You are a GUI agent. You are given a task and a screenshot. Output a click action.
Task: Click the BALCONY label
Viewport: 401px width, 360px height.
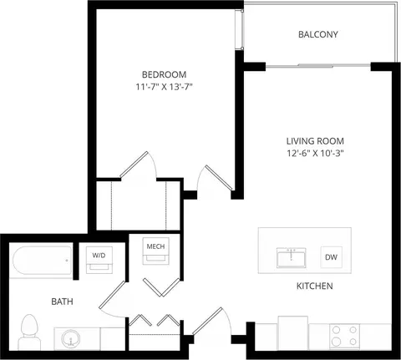click(x=318, y=34)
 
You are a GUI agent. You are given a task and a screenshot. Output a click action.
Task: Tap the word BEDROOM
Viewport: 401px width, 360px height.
click(x=164, y=74)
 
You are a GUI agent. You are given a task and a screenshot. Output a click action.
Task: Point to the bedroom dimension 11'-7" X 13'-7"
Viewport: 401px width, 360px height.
click(x=165, y=87)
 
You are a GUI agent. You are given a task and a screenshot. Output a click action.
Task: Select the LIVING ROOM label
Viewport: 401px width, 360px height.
click(x=315, y=141)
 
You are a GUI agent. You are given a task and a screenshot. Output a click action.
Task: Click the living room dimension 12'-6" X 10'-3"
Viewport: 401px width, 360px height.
click(x=315, y=154)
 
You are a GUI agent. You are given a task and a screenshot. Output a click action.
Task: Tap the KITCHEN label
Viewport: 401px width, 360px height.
click(x=315, y=286)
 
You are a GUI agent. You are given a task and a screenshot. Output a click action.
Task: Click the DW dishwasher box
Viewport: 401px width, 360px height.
click(x=331, y=257)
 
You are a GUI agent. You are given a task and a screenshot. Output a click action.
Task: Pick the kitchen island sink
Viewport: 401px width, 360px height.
click(x=292, y=258)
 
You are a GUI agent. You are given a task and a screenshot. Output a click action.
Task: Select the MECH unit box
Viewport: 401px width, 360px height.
click(x=155, y=251)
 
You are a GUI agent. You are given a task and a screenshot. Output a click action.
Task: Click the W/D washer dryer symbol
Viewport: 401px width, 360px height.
click(x=99, y=260)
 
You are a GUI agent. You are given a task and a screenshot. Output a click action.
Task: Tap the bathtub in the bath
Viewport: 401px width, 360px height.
click(x=43, y=261)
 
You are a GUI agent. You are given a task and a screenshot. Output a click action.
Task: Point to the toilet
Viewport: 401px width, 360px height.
click(x=29, y=332)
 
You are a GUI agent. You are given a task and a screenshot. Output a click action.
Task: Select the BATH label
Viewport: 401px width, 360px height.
click(x=63, y=302)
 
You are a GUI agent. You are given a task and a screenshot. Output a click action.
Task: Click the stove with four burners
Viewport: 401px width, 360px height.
click(x=345, y=336)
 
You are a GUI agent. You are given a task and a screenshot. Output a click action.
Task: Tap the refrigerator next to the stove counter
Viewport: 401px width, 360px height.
click(x=293, y=333)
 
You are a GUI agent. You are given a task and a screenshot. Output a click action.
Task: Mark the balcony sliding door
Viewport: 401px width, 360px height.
click(x=317, y=66)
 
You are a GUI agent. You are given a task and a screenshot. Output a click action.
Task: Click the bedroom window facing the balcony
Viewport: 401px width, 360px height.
click(x=239, y=29)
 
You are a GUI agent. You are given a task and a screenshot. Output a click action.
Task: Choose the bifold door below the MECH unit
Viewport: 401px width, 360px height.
click(x=162, y=287)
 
